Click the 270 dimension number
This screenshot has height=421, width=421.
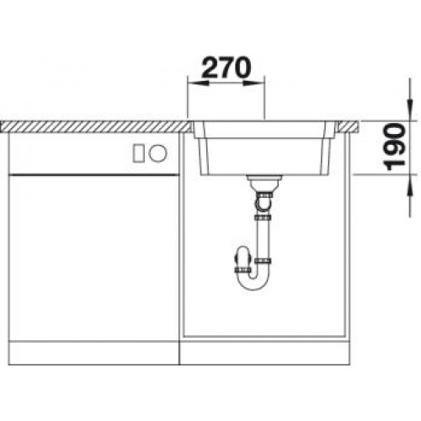(x=226, y=67)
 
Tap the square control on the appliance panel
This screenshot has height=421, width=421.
(x=139, y=152)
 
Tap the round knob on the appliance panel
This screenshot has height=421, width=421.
(x=157, y=152)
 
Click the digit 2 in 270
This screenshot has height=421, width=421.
(x=208, y=67)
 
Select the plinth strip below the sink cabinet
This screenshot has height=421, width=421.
(x=265, y=352)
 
